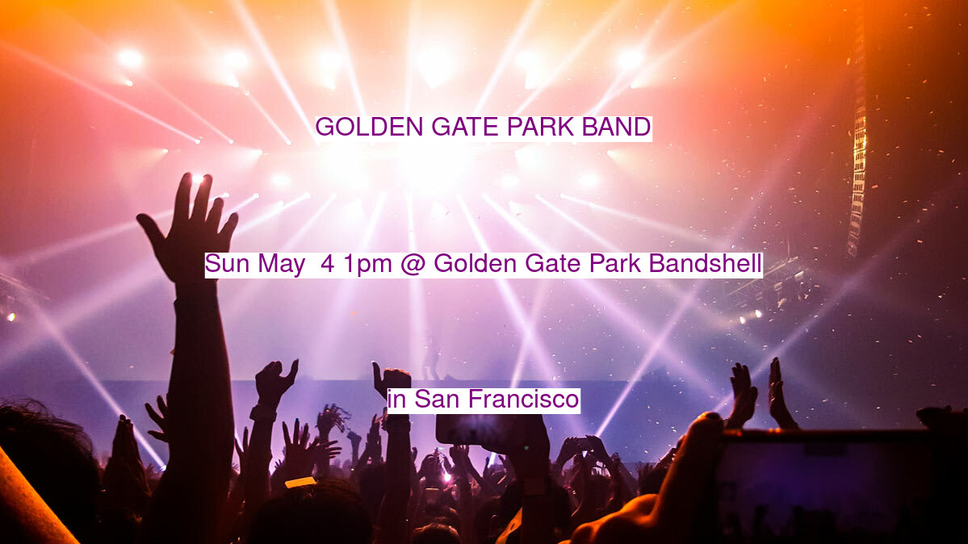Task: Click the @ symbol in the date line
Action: click(413, 264)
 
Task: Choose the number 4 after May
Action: click(327, 264)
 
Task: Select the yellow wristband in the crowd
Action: click(300, 482)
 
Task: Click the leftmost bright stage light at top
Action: click(130, 59)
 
